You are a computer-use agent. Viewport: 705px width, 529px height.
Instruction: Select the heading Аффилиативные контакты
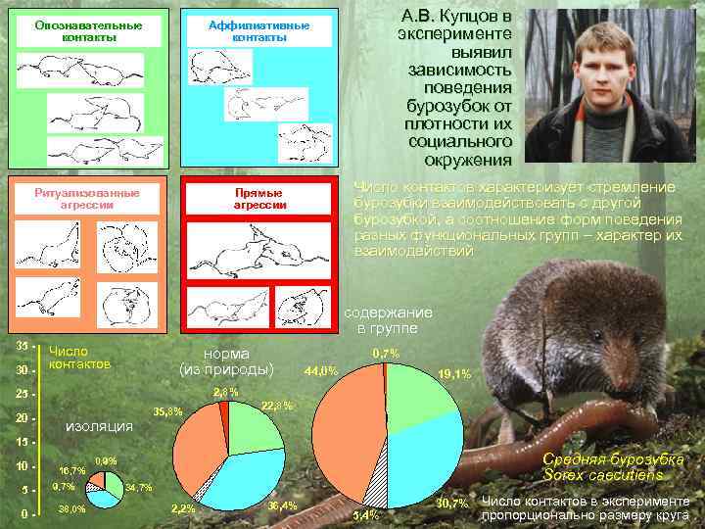coord(259,30)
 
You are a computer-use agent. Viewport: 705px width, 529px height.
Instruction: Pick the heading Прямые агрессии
coord(259,199)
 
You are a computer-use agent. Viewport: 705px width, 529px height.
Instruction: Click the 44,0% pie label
coord(322,371)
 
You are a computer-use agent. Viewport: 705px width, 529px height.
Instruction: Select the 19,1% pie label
coord(455,373)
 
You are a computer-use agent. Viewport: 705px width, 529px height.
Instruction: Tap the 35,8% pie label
coord(167,410)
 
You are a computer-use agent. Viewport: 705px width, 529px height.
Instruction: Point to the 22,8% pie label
coord(277,405)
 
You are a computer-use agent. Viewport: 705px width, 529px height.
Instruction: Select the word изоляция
coord(98,426)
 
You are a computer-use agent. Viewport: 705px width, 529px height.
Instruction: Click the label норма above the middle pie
coord(226,354)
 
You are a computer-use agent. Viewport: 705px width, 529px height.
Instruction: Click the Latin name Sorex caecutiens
coord(603,475)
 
